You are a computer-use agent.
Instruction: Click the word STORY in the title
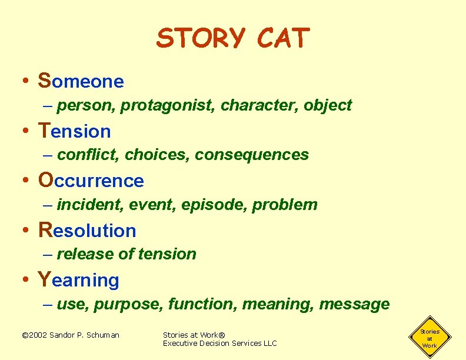pos(200,39)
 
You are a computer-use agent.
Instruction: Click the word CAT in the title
pos(282,39)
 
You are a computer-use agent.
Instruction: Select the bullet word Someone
pos(81,81)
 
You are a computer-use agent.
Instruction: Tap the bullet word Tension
pos(74,131)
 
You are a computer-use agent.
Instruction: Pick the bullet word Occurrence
pos(91,180)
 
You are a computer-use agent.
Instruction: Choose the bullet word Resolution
pos(87,230)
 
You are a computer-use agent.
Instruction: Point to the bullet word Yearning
pos(78,280)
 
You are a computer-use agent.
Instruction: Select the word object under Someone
pos(328,105)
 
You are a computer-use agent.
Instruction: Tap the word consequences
pos(252,155)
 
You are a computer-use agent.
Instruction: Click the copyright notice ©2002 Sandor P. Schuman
pos(70,335)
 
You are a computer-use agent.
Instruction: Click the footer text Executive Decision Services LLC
pos(219,344)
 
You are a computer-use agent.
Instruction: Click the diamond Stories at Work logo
pos(430,338)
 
